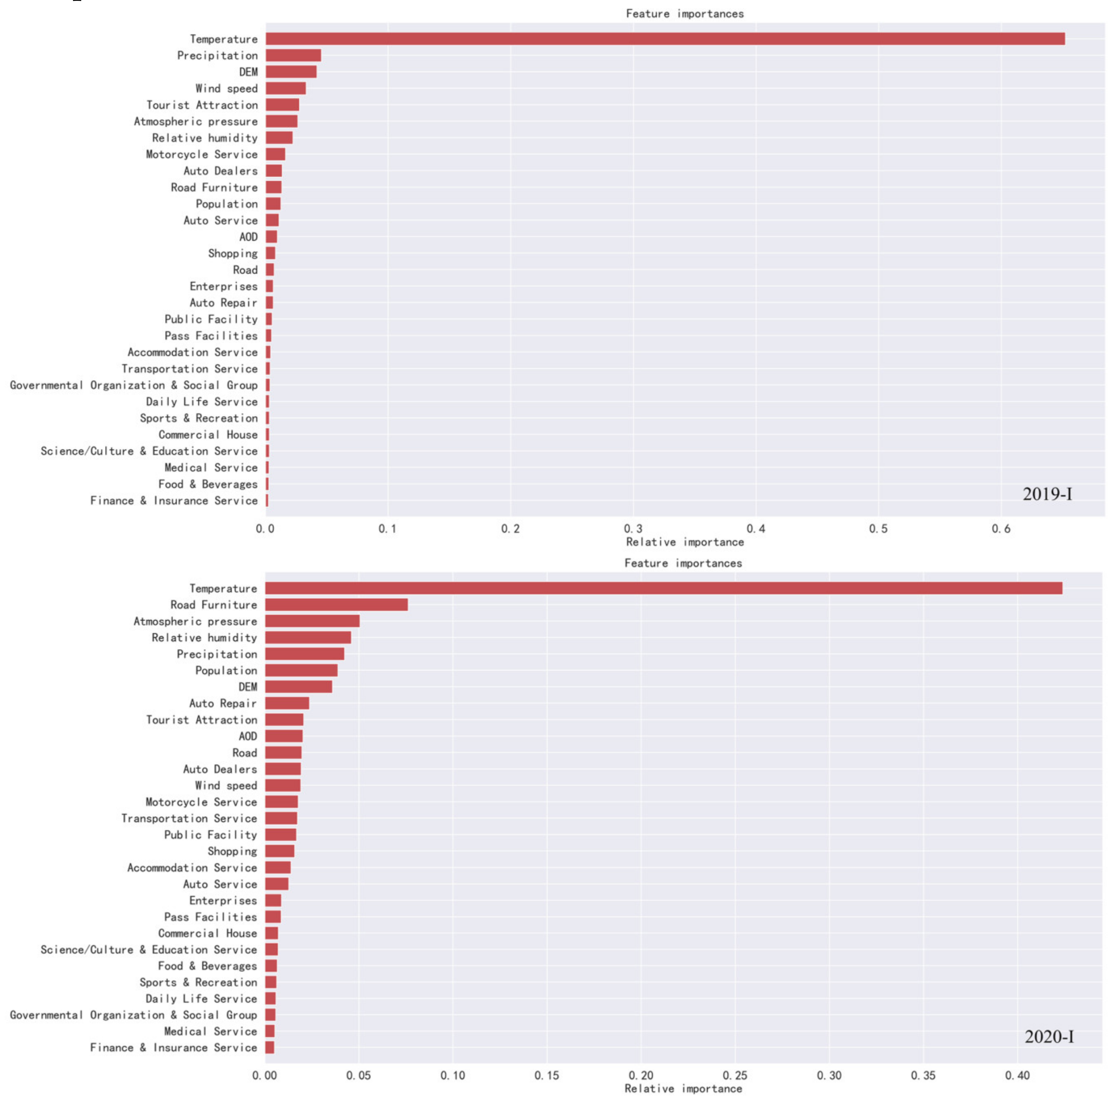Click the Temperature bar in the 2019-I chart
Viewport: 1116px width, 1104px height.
tap(664, 39)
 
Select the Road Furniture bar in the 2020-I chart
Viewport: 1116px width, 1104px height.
tap(336, 604)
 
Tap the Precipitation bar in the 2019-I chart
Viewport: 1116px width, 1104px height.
tap(293, 55)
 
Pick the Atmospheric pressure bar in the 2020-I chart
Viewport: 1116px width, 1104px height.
tap(312, 621)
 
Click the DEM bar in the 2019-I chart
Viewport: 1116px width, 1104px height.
tap(290, 72)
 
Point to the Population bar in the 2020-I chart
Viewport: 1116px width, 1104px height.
tap(301, 671)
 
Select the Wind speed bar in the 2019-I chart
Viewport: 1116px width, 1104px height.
tap(285, 88)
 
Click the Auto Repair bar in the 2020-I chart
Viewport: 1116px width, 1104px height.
tap(287, 703)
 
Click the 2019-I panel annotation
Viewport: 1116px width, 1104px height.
tap(1047, 494)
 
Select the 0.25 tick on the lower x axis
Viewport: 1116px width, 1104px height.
tap(735, 1075)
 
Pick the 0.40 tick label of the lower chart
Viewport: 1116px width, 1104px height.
tap(1017, 1075)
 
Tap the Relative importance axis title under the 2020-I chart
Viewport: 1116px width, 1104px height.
tap(684, 1088)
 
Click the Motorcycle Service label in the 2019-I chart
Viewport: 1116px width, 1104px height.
tap(201, 154)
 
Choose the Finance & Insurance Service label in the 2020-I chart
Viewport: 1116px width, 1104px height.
tap(173, 1047)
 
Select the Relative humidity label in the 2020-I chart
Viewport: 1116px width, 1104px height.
tap(204, 637)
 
